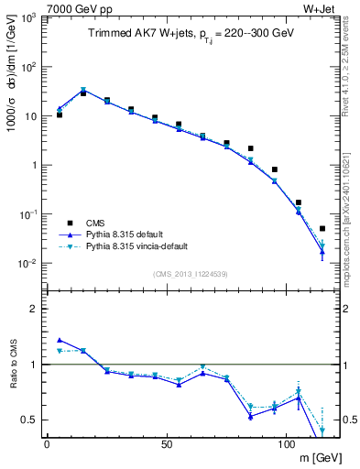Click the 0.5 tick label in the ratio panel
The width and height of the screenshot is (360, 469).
[29, 420]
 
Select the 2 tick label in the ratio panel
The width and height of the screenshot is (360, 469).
[35, 309]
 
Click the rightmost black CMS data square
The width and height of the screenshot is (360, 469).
[322, 228]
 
